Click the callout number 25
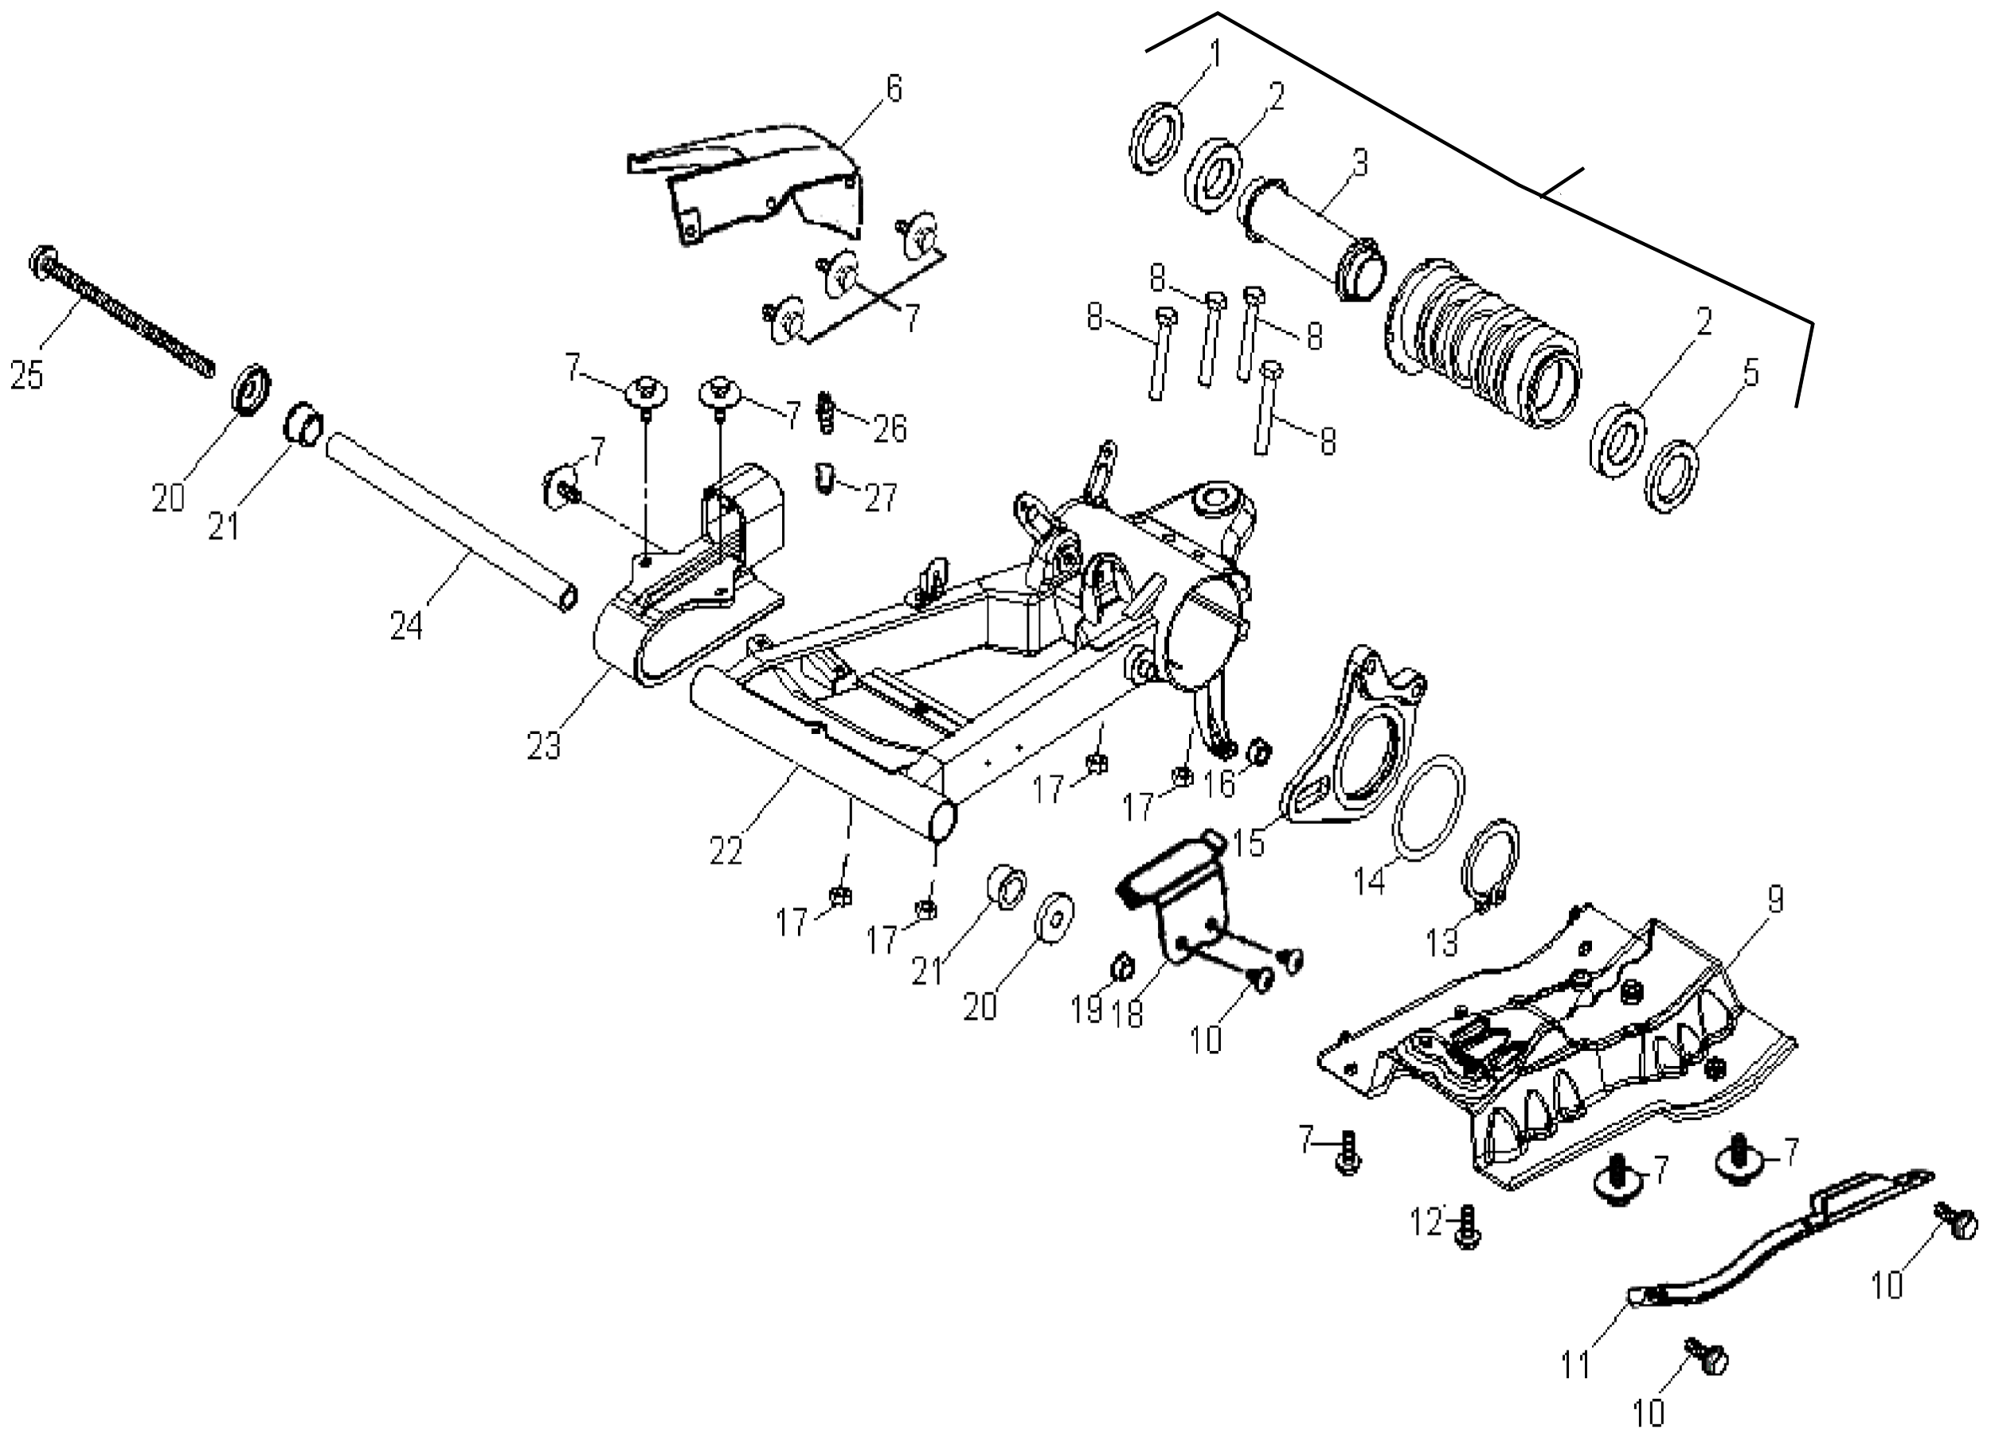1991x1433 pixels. pyautogui.click(x=26, y=376)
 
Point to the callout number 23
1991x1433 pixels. pyautogui.click(x=543, y=746)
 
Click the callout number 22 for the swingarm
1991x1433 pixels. pyautogui.click(x=727, y=849)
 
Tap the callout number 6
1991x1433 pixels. pyautogui.click(x=894, y=88)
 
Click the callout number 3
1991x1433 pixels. pyautogui.click(x=1359, y=162)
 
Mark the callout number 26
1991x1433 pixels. pyautogui.click(x=890, y=428)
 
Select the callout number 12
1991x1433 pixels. pyautogui.click(x=1427, y=1220)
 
